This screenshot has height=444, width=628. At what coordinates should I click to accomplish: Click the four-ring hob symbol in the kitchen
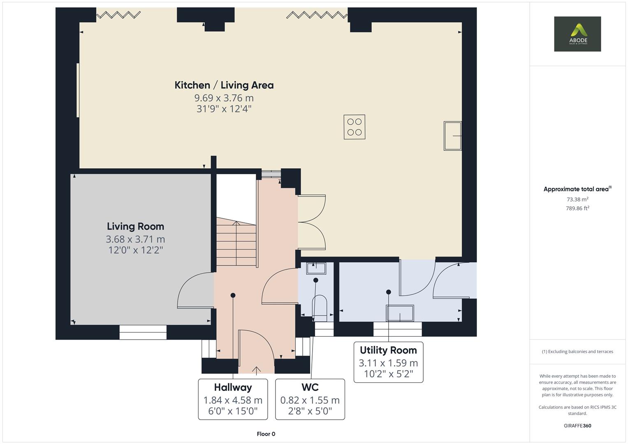point(354,127)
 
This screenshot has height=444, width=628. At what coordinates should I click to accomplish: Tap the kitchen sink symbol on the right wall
point(452,136)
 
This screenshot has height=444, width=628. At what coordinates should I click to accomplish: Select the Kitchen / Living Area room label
point(224,85)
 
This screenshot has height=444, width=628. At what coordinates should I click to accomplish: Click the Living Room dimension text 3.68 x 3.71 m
point(135,239)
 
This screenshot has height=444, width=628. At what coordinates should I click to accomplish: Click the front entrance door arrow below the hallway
point(257,370)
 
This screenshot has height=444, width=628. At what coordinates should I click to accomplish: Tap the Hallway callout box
point(233,399)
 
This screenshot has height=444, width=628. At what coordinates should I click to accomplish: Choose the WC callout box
point(310,399)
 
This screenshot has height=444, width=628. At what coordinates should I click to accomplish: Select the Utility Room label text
point(388,350)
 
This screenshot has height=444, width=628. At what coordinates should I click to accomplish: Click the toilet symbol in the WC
point(320,308)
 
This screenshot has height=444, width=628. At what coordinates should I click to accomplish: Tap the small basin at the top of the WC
point(316,268)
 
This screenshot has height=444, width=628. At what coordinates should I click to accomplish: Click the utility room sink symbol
point(399,313)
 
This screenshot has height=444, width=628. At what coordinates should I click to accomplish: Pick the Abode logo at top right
point(577,34)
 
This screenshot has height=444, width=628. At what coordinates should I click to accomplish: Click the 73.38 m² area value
point(577,199)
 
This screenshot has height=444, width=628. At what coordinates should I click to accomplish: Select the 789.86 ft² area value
point(577,208)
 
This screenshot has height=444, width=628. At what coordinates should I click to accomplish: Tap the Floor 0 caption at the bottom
point(266,434)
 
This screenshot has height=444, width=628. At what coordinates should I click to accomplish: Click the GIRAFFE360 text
point(577,425)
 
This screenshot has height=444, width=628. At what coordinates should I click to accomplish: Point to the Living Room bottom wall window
point(143,332)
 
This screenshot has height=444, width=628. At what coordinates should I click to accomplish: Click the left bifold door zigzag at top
point(119,15)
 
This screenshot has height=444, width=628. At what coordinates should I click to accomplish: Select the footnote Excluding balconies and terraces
point(577,351)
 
